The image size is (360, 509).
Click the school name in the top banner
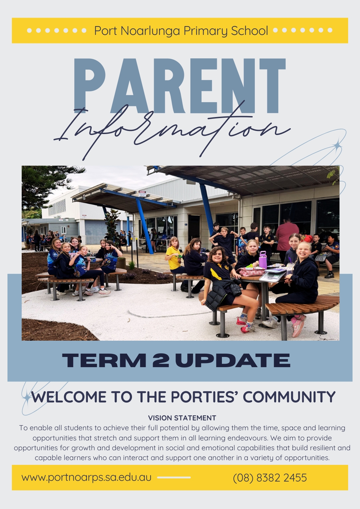click(181, 31)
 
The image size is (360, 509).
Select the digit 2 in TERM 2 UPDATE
click(160, 360)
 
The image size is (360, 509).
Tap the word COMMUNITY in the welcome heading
click(289, 397)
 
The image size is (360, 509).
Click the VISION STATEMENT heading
click(182, 418)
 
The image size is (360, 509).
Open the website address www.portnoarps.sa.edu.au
click(87, 477)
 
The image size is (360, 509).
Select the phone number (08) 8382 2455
click(270, 478)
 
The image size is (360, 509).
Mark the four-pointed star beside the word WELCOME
click(27, 397)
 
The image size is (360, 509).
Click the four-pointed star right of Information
click(338, 145)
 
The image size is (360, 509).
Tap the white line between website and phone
click(174, 477)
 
